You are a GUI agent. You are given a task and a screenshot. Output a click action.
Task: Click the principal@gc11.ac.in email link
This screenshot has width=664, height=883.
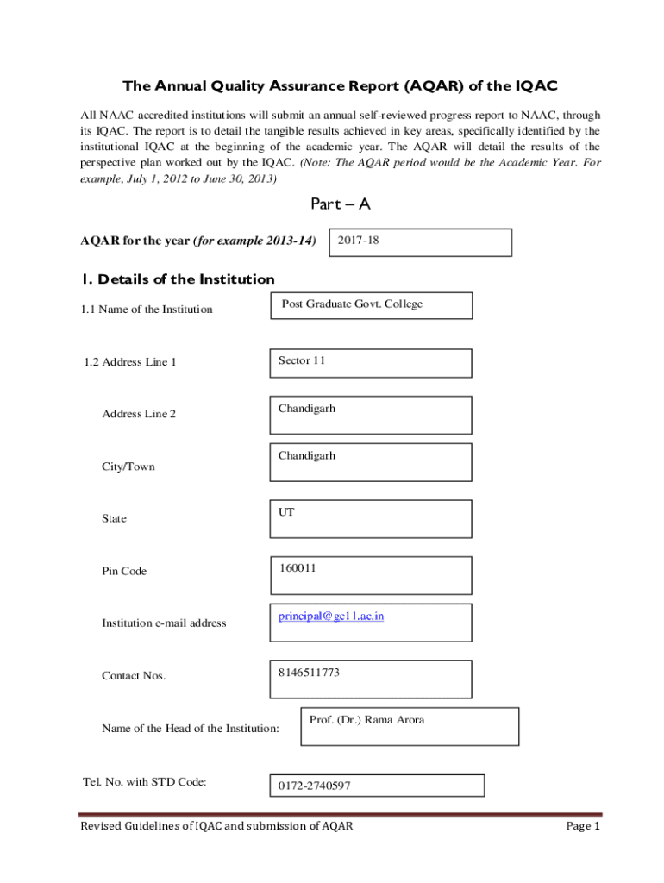pos(330,617)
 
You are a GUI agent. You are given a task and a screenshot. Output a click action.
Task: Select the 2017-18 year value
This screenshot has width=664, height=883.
pos(358,241)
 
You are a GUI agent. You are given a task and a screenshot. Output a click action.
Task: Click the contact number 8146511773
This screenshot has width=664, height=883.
pos(309,673)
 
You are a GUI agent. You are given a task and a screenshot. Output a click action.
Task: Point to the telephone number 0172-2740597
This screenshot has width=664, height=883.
pos(314,786)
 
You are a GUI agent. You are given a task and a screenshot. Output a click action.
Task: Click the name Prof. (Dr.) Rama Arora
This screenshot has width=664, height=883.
pos(366,720)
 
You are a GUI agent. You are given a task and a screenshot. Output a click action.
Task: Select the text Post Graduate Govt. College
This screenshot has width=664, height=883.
pos(352,304)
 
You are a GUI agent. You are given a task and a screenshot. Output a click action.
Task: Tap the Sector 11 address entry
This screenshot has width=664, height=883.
pos(302,360)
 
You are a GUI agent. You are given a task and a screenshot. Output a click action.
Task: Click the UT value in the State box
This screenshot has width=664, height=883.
pos(286,512)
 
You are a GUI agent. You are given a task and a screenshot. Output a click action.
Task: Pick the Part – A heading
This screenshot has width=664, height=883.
pos(340,204)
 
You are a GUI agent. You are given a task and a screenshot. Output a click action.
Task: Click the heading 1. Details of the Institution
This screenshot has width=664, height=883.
pos(178,279)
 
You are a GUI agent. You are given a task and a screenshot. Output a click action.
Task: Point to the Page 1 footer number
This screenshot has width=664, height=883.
pos(582,827)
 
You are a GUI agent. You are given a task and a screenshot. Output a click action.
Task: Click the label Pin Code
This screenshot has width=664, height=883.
pos(124,571)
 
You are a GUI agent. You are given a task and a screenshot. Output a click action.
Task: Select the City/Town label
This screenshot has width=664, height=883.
pos(128,467)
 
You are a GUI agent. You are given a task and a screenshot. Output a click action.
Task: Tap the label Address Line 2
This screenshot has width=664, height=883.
pos(139,414)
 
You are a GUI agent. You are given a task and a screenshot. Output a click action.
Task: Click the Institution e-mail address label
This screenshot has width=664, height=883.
pos(164,623)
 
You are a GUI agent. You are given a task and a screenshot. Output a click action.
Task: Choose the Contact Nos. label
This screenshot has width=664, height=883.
pos(134,675)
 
